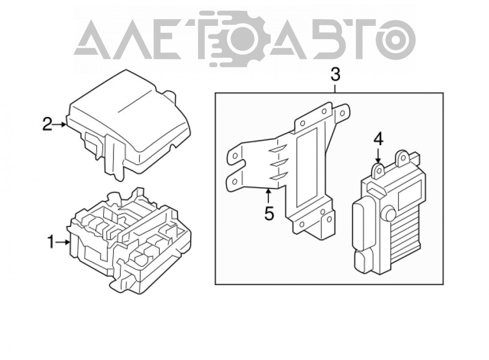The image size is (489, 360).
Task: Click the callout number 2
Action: (x=47, y=124)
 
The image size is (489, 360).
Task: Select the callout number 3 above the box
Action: (x=335, y=75)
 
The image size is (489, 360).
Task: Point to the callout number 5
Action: (x=268, y=214)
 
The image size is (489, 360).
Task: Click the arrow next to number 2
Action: (x=59, y=124)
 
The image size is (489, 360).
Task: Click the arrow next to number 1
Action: (x=63, y=242)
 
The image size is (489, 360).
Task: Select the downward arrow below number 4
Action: (x=378, y=155)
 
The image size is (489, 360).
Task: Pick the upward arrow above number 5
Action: (x=268, y=197)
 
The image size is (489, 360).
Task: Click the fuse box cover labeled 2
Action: (x=129, y=125)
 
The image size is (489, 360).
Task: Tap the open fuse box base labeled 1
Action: (x=130, y=240)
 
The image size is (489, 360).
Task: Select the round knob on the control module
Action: (x=390, y=214)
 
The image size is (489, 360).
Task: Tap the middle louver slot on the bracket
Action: (x=279, y=164)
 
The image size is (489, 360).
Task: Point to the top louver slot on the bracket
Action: (x=279, y=149)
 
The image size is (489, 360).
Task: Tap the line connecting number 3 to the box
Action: (x=335, y=88)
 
